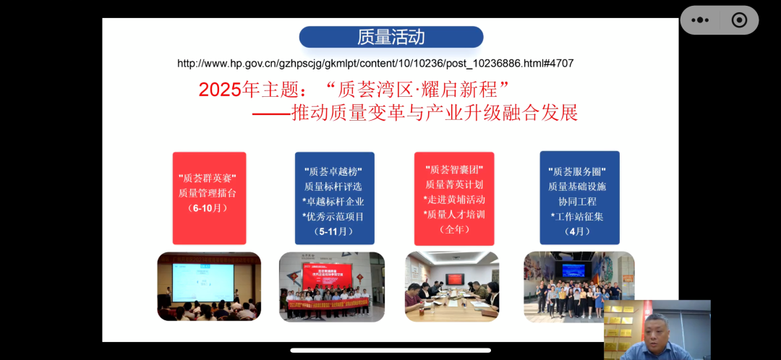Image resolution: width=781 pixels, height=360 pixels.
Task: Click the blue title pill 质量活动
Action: coord(391,37)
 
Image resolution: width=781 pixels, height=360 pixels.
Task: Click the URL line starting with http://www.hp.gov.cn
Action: coord(375,64)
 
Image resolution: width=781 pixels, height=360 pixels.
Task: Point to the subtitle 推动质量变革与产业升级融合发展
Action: coord(434,113)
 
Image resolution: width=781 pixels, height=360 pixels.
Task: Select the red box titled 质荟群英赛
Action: coord(209,197)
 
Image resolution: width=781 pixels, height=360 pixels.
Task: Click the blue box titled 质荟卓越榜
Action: coord(334,197)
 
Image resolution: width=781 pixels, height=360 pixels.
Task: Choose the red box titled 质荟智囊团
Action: coord(454,197)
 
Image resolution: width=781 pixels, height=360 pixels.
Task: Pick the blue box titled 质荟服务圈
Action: coord(579,197)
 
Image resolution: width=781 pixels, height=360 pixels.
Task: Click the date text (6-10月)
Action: coord(208,208)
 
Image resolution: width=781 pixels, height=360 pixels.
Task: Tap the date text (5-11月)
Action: coord(334,231)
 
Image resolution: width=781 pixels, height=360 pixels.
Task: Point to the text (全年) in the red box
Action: coord(454,229)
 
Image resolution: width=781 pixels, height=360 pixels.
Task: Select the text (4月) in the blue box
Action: coord(579,231)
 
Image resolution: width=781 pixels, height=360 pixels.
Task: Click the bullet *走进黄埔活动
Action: coord(454,199)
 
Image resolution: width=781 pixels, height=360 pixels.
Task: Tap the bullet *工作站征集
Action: coord(579,216)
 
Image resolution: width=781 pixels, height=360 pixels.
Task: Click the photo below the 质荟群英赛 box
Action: coord(209,286)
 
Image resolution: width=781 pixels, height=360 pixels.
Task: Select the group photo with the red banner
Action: coord(332,286)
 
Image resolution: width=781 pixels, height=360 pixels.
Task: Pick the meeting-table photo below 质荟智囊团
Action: coord(452,286)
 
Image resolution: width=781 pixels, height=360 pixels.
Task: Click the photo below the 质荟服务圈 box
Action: coord(579,286)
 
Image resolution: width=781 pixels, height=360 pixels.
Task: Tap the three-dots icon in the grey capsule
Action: coord(700,20)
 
